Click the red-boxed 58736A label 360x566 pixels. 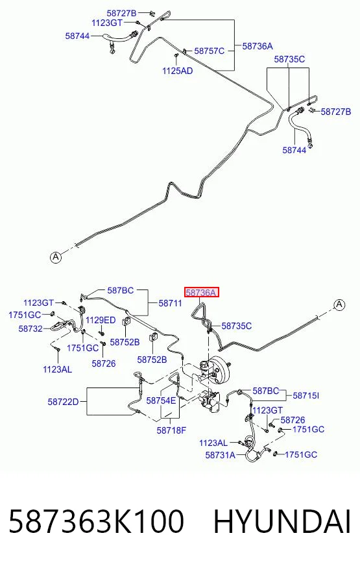point(202,292)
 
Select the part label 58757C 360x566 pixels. point(210,51)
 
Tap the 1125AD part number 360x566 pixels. point(178,71)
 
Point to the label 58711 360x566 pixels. point(170,303)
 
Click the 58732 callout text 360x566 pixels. point(30,329)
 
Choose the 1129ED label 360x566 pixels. point(101,320)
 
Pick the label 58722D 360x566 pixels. point(63,402)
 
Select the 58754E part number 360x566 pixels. point(161,400)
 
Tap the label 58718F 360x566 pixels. point(171,430)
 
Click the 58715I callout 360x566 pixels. point(306,396)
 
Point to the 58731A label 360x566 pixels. point(220,455)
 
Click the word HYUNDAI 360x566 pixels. point(282,522)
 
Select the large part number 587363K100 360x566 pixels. point(96,522)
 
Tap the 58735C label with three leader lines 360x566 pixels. point(289,59)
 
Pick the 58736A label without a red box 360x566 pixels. point(258,46)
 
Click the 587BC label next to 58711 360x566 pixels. point(121,290)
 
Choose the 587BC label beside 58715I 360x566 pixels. point(266,391)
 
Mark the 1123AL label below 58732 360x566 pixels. point(57,369)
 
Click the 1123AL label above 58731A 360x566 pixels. point(213,443)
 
